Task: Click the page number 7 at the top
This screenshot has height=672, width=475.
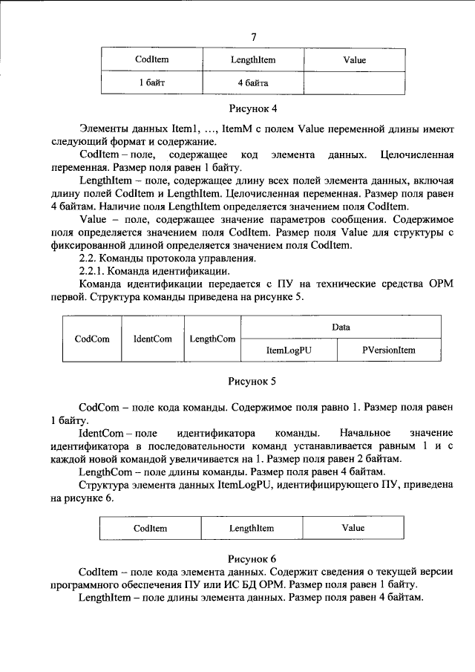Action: tap(254, 36)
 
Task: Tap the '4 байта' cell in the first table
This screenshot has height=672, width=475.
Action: tap(252, 83)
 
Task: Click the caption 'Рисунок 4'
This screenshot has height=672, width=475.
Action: tap(252, 111)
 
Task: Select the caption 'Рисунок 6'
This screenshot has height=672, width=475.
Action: tap(252, 557)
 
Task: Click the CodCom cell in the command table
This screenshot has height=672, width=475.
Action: tap(93, 339)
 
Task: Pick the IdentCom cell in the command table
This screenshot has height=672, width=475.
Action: tap(152, 339)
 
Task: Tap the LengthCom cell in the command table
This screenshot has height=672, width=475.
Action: tap(212, 339)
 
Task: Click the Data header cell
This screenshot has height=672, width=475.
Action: tap(341, 327)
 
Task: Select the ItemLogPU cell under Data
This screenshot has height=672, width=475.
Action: tap(289, 349)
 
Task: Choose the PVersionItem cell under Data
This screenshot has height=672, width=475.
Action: tap(389, 349)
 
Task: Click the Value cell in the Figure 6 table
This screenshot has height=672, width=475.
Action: tap(353, 528)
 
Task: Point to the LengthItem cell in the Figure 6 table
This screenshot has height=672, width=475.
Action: tap(252, 528)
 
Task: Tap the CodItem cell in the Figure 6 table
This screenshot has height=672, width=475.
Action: tap(151, 528)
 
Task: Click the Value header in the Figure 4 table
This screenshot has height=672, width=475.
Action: tap(354, 59)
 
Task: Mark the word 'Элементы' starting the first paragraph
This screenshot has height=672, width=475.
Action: tap(102, 129)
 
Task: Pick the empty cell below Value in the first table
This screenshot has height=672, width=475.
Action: tap(354, 83)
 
